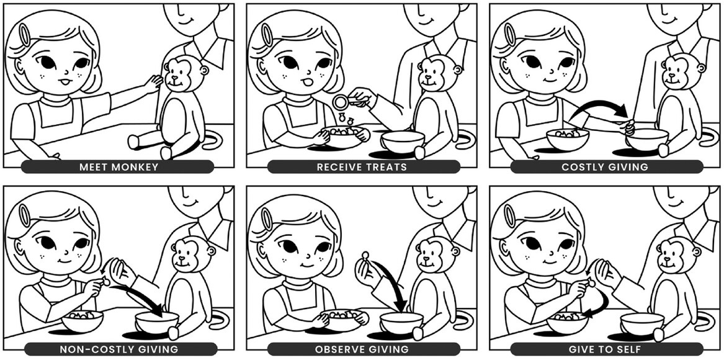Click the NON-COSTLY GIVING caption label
[118, 349]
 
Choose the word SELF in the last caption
[627, 349]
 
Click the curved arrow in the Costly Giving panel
[599, 107]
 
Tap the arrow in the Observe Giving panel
[393, 287]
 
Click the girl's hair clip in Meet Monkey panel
[24, 35]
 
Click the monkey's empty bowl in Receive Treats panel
[403, 140]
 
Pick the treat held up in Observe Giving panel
[365, 254]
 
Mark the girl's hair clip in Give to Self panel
[510, 216]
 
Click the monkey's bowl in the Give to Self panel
[642, 323]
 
